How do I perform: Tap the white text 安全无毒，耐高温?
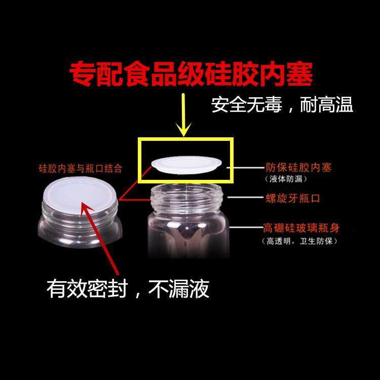pyautogui.click(x=282, y=105)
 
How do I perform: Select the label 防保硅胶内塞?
pyautogui.click(x=298, y=167)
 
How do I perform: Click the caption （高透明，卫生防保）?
pyautogui.click(x=299, y=241)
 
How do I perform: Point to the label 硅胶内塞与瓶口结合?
pyautogui.click(x=81, y=168)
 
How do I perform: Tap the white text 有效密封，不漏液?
pyautogui.click(x=128, y=289)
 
